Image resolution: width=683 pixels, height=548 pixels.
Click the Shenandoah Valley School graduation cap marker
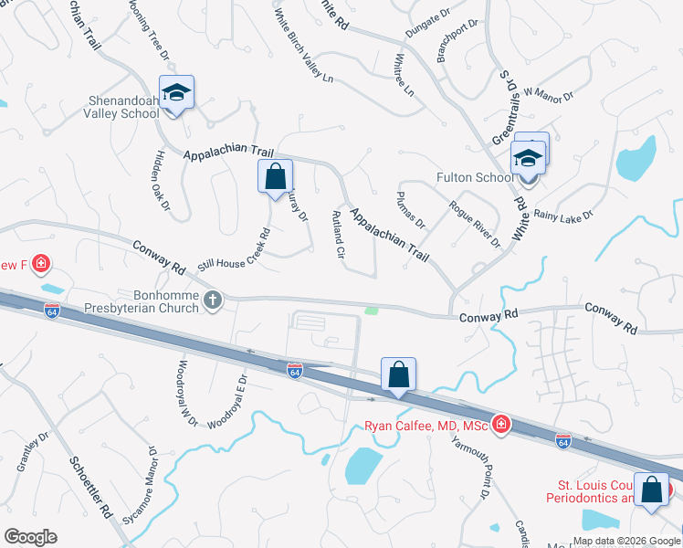coord(176,92)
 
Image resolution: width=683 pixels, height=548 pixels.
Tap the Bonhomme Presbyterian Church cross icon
coord(213,300)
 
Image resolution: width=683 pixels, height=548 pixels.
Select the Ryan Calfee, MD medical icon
coord(500,423)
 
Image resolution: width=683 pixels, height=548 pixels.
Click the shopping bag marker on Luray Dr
coord(275,176)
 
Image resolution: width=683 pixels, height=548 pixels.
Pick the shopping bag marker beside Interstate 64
coord(398,374)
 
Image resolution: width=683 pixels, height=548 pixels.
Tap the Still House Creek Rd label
coord(238,247)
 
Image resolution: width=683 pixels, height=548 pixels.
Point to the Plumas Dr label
coord(411,210)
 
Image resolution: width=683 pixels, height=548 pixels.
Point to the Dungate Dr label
coord(428,35)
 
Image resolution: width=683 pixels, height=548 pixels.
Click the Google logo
coord(29,537)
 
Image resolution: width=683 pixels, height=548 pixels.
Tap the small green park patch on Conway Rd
coord(372,311)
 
